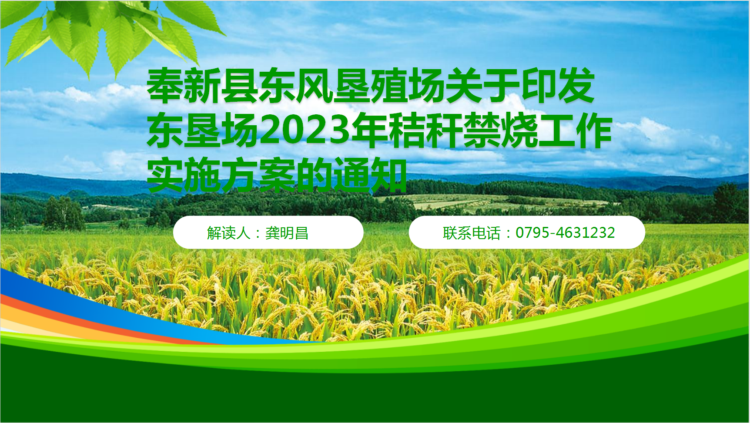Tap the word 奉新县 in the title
pos(203,86)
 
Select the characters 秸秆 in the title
pos(425,130)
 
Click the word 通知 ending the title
pos(370,175)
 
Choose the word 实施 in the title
pos(184,175)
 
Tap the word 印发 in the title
pos(558,86)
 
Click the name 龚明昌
pos(287,233)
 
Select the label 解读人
pos(229,233)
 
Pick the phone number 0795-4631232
pos(565,233)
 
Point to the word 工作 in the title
pos(575,130)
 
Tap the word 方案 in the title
pos(258,175)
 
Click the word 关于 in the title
pos(483,86)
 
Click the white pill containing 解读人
pos(268,233)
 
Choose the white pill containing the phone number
pos(527,233)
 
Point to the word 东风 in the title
pos(296,86)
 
